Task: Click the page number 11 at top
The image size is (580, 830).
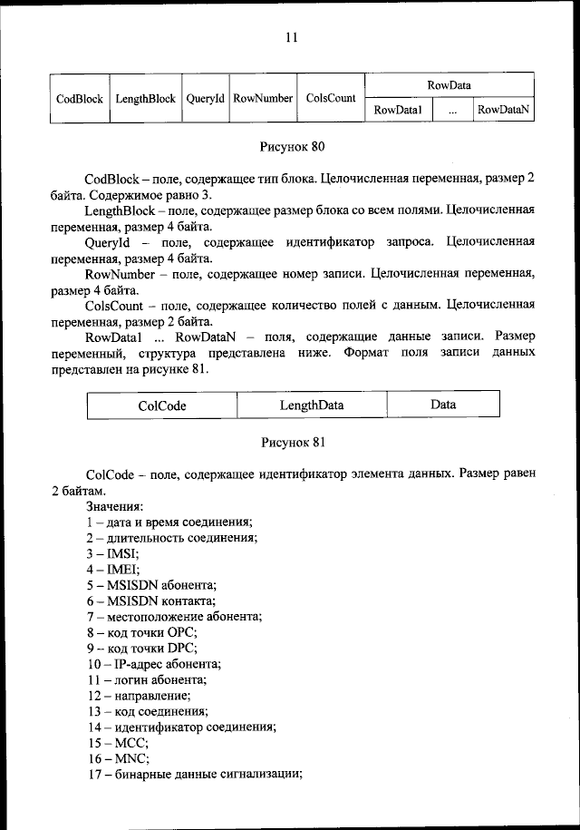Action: pos(291,37)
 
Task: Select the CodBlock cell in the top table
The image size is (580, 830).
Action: pos(79,98)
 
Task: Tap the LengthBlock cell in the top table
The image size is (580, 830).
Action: pos(145,98)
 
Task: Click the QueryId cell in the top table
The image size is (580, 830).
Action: pos(205,98)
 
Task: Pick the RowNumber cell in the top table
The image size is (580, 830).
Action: pos(262,98)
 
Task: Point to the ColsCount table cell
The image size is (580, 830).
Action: pos(331,98)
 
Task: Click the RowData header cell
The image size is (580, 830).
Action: pos(449,85)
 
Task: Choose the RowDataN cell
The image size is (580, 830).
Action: pos(503,110)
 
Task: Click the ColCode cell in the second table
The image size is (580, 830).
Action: pos(162,405)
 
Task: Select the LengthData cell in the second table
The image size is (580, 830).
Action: pos(312,405)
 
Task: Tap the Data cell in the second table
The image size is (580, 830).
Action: pos(443,405)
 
